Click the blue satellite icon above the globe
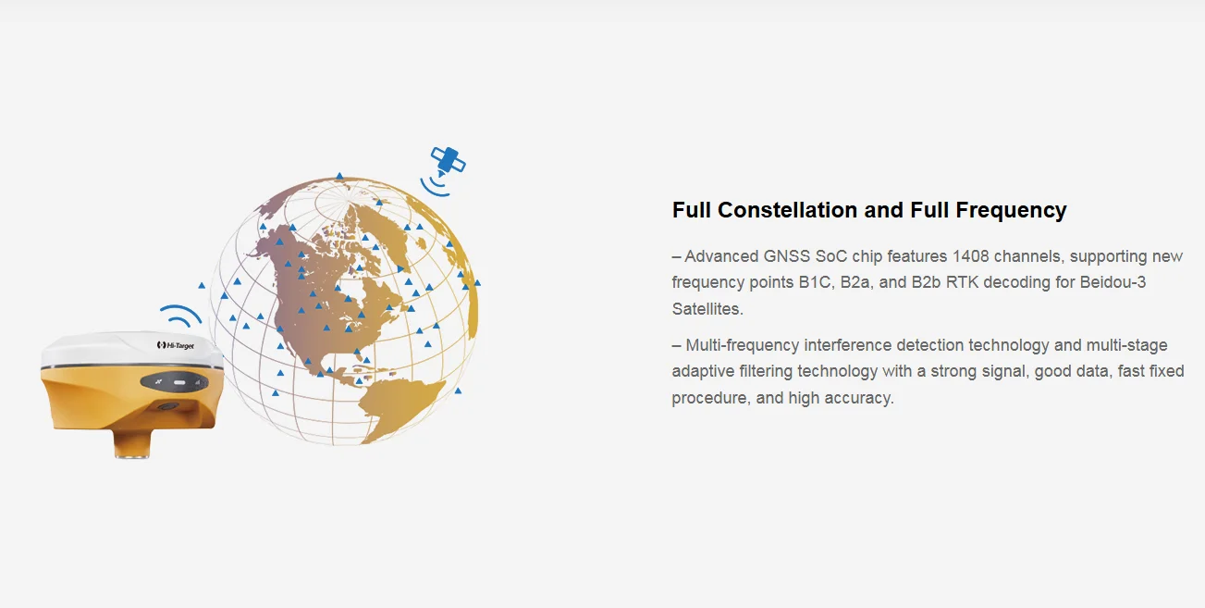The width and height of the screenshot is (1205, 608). point(448,161)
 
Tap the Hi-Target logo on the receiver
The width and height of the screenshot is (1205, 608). point(176,345)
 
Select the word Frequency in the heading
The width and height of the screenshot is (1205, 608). point(1011,210)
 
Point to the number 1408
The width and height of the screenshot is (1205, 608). point(970,255)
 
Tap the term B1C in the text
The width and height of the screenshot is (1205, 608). point(816,282)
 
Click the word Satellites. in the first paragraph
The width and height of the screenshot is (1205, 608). point(707,309)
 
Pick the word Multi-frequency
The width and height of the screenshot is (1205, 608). point(743,344)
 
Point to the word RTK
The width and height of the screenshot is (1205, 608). point(962,282)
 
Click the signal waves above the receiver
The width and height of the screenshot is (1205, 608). point(181,316)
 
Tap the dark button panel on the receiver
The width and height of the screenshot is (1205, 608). point(174,382)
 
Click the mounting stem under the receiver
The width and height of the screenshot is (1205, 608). point(132,443)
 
